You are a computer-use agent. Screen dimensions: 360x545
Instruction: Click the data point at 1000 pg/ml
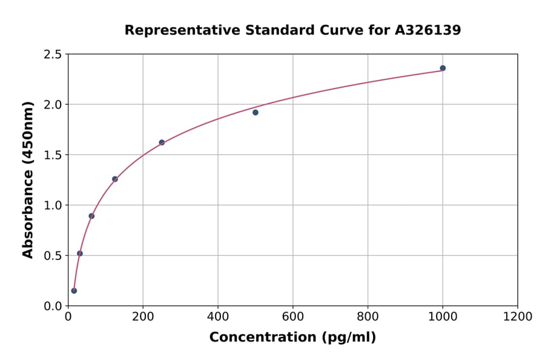(x=443, y=68)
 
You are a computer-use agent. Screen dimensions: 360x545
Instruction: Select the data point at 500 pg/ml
(x=256, y=112)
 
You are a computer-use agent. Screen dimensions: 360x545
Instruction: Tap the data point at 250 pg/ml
(x=162, y=142)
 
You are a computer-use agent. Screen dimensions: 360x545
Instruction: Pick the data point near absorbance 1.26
(x=115, y=179)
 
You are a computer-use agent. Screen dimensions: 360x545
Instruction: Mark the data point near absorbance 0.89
(x=91, y=216)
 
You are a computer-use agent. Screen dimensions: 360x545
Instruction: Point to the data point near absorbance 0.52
(x=80, y=253)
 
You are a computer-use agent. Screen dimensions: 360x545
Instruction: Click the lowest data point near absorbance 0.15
(x=74, y=290)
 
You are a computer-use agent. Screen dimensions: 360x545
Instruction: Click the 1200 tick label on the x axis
(x=517, y=317)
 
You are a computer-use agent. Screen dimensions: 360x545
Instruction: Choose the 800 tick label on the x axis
(x=368, y=317)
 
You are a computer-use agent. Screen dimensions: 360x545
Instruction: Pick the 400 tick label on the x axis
(x=218, y=317)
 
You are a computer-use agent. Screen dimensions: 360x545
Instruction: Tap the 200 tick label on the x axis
(x=143, y=317)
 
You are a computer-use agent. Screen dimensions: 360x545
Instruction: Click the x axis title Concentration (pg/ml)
(x=292, y=338)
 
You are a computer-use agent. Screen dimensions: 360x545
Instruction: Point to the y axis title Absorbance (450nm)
(x=28, y=179)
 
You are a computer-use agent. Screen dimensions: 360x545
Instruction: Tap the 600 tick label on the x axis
(x=292, y=317)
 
